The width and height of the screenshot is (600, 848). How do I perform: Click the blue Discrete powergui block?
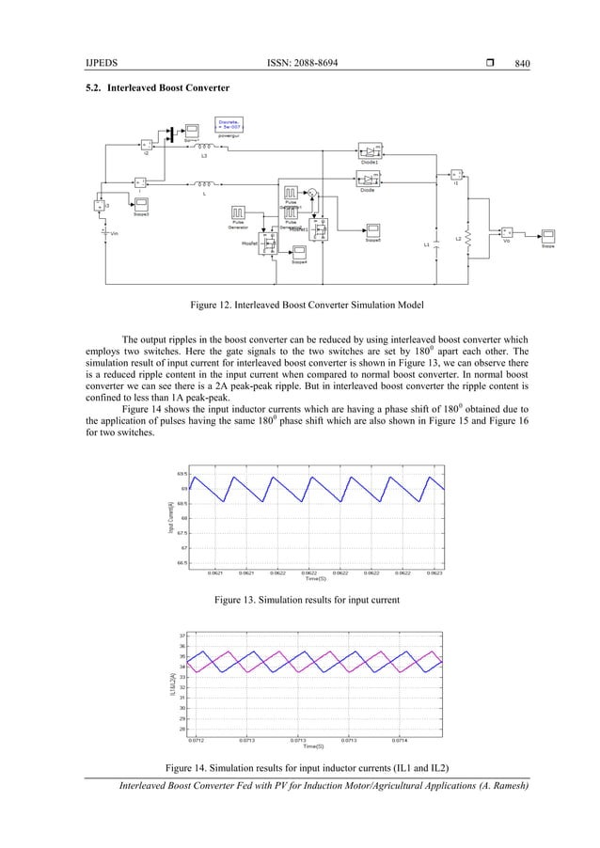click(x=228, y=124)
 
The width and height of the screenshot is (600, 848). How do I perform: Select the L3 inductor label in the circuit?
click(x=203, y=156)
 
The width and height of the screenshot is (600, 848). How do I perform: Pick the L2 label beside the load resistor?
click(x=458, y=239)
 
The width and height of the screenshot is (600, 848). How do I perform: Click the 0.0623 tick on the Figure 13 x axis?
click(x=434, y=571)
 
